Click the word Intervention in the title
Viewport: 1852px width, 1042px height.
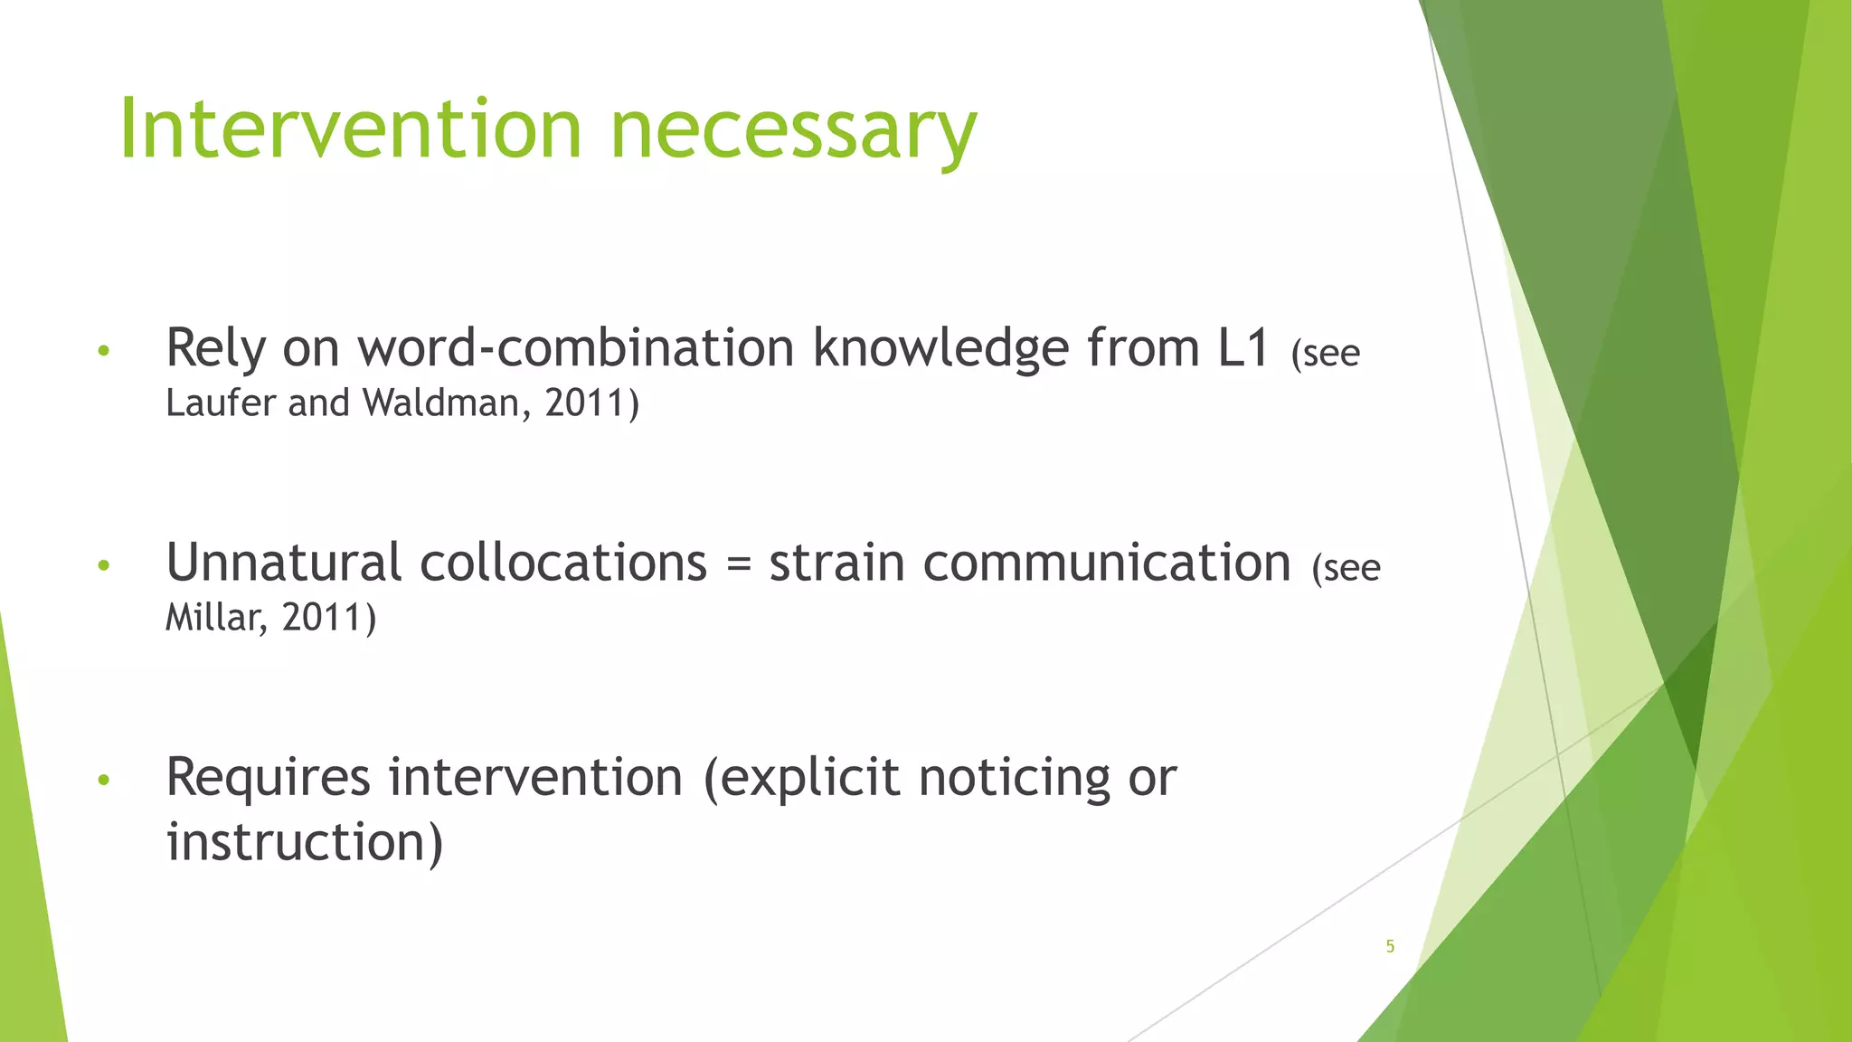pos(350,129)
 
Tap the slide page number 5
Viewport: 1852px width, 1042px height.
pos(1390,946)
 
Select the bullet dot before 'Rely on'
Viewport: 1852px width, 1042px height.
pos(104,351)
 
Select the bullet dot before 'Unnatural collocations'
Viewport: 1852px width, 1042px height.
pos(104,566)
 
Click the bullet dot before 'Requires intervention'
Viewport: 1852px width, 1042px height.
pos(104,780)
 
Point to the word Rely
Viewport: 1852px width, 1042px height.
pos(216,348)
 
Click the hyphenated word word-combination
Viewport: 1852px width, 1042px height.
pos(575,348)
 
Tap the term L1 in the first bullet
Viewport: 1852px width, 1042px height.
pos(1244,348)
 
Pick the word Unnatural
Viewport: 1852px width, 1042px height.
pos(283,563)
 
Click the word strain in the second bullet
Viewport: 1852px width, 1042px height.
pos(836,563)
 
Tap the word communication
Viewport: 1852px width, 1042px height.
pos(1107,563)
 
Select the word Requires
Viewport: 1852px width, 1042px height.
pos(269,778)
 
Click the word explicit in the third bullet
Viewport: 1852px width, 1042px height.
pos(810,778)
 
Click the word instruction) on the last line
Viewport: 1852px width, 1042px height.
pos(305,843)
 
